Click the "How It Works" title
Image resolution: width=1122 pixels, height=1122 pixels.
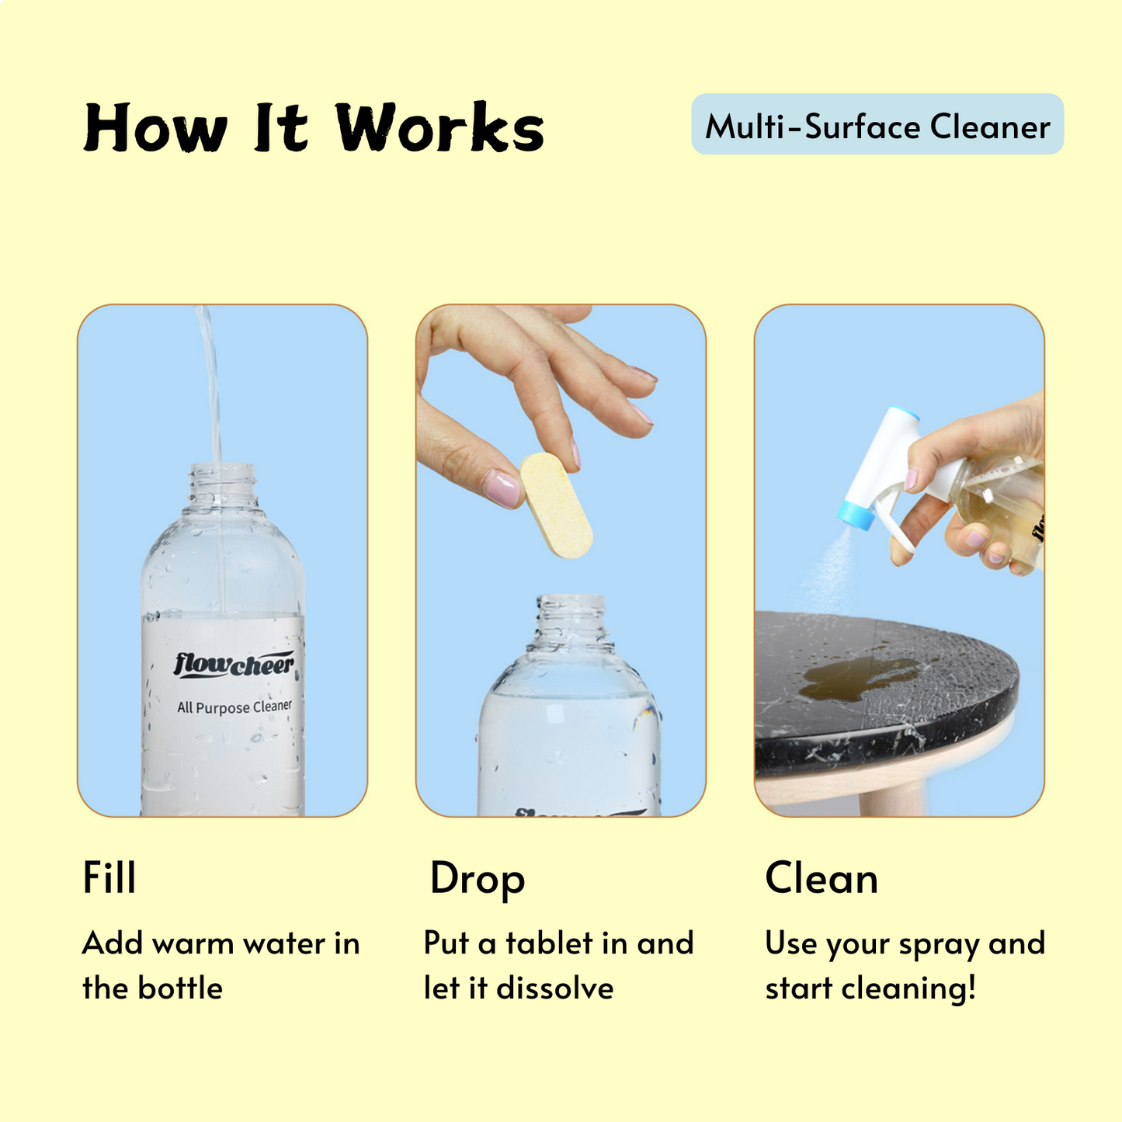tap(314, 128)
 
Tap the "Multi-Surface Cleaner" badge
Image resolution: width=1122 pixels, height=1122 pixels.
tap(877, 125)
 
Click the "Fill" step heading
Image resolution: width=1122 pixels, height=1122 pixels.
tap(109, 878)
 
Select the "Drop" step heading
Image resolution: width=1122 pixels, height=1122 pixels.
tap(478, 879)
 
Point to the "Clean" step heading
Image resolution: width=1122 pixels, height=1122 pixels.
tap(821, 878)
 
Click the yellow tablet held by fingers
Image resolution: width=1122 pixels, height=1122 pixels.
tap(556, 505)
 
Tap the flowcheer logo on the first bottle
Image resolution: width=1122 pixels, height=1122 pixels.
tap(234, 665)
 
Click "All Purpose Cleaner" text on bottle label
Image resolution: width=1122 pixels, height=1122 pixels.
tap(234, 707)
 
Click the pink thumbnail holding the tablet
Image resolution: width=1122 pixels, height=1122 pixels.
tap(500, 488)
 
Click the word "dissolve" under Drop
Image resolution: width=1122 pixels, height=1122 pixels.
tap(554, 988)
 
